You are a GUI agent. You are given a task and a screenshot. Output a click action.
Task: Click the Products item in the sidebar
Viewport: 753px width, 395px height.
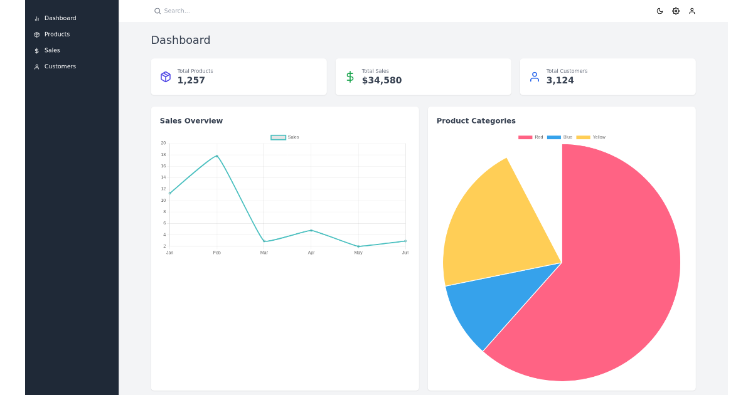pyautogui.click(x=56, y=34)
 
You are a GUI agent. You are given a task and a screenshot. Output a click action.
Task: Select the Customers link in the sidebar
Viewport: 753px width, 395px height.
pyautogui.click(x=60, y=66)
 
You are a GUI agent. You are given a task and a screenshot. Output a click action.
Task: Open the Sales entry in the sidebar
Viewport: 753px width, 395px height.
pyautogui.click(x=52, y=50)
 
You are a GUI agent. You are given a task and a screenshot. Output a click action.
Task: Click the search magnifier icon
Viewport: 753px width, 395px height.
pyautogui.click(x=158, y=11)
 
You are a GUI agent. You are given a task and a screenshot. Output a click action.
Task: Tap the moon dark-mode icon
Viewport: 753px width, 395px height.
pyautogui.click(x=660, y=11)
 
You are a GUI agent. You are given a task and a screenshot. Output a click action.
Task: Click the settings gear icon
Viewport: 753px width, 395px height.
pyautogui.click(x=676, y=11)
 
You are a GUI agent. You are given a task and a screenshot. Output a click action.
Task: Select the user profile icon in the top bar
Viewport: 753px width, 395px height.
pyautogui.click(x=692, y=11)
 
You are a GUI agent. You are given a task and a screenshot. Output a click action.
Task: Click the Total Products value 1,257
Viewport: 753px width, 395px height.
pyautogui.click(x=191, y=80)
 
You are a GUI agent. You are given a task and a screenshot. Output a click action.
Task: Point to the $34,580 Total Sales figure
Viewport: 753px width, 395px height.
pyautogui.click(x=382, y=80)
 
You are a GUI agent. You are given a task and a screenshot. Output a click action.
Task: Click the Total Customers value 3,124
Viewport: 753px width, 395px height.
pyautogui.click(x=560, y=80)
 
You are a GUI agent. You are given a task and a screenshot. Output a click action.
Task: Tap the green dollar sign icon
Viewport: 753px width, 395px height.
pyautogui.click(x=350, y=76)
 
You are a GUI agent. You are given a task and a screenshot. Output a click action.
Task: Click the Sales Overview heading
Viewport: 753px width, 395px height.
pyautogui.click(x=191, y=120)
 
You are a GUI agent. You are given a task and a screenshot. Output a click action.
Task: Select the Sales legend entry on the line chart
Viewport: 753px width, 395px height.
pyautogui.click(x=285, y=137)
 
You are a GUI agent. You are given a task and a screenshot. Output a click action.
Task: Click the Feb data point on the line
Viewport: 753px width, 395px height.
pyautogui.click(x=217, y=155)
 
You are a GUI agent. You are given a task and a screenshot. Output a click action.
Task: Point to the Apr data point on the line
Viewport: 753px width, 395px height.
pyautogui.click(x=311, y=230)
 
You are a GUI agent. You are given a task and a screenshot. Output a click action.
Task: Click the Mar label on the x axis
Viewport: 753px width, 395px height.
pyautogui.click(x=264, y=253)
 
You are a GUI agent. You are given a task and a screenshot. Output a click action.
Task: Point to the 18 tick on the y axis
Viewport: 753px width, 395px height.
pyautogui.click(x=163, y=154)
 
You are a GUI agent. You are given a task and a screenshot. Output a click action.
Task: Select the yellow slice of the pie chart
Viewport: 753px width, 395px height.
pyautogui.click(x=496, y=226)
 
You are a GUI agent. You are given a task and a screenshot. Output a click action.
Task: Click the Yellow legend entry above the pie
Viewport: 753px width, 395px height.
pyautogui.click(x=591, y=137)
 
